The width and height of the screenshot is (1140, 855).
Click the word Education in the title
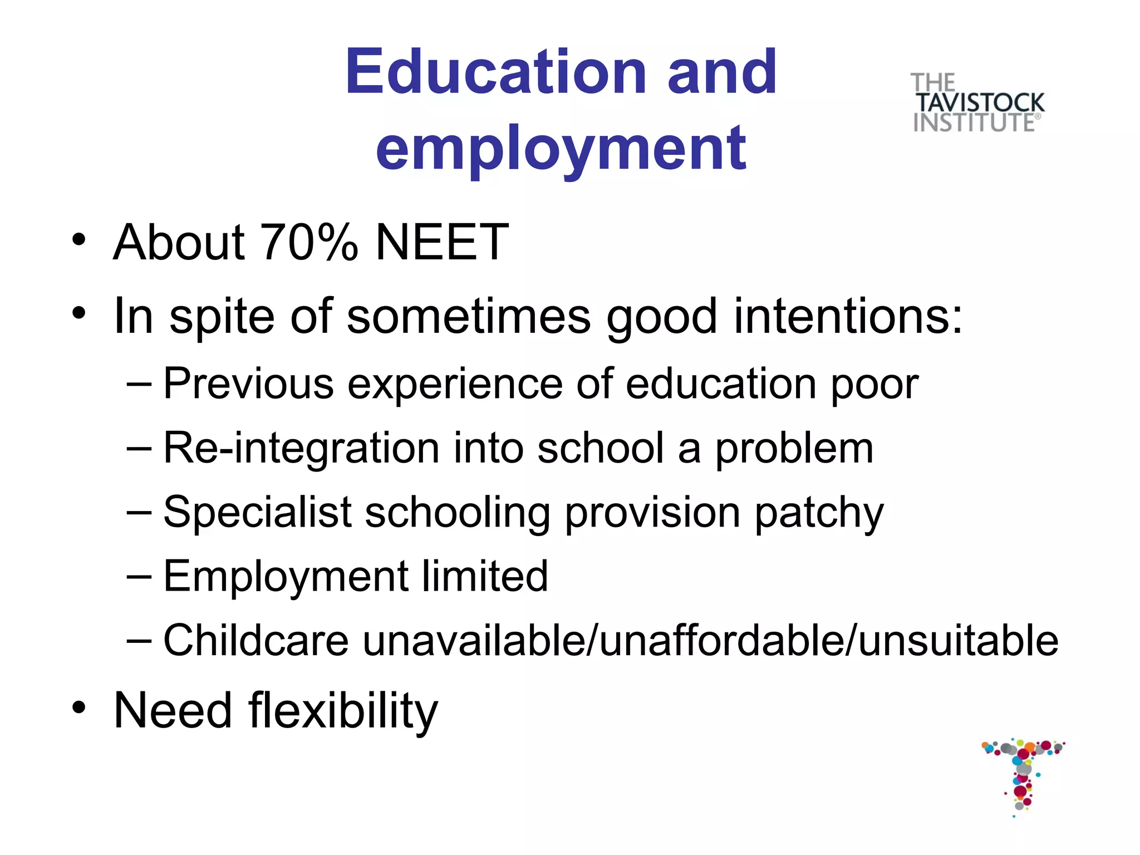point(495,72)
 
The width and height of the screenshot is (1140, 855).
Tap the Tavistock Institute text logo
point(977,103)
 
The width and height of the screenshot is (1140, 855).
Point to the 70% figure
point(309,242)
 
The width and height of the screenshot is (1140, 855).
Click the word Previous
point(248,384)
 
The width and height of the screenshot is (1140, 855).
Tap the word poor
point(874,384)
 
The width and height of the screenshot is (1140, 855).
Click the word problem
point(794,449)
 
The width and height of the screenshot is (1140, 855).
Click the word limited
point(484,576)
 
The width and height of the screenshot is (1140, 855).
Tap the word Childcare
point(255,641)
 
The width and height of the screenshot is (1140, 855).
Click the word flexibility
point(343,711)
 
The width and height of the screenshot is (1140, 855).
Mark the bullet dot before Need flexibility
point(79,707)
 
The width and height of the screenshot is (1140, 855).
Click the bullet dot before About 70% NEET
point(79,239)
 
